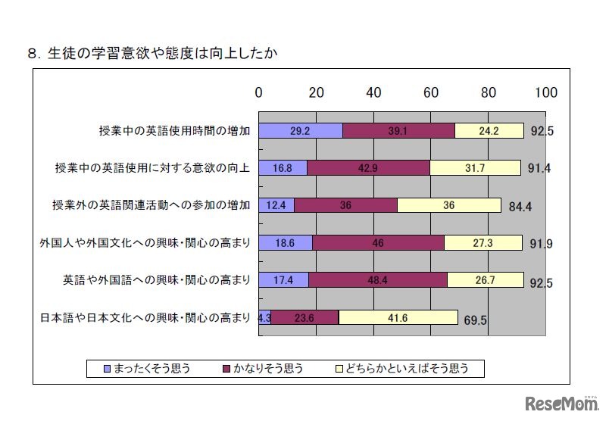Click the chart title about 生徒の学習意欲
(155, 54)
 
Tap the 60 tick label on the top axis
(431, 92)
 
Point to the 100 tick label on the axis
(545, 92)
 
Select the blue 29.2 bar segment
(301, 130)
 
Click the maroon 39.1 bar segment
(398, 130)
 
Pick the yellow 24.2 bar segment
(489, 130)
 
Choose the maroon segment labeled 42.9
(368, 167)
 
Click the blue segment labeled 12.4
(276, 204)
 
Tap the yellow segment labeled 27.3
(483, 242)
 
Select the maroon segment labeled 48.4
(378, 279)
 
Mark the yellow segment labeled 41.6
(398, 317)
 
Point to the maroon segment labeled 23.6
(304, 317)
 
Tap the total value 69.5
(475, 320)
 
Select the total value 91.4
(539, 169)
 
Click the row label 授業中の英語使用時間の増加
(174, 130)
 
